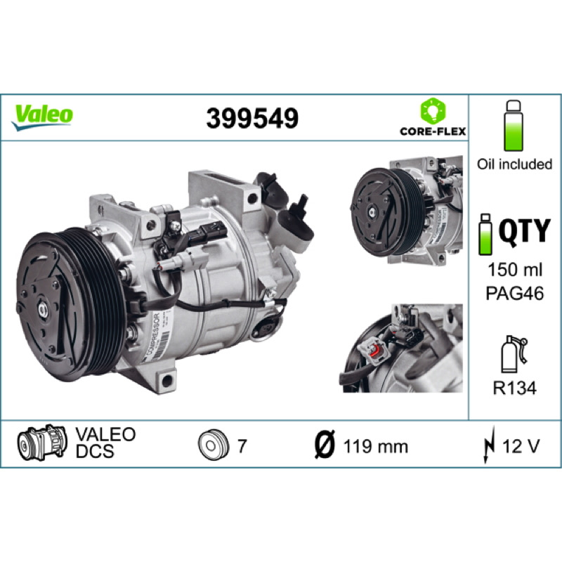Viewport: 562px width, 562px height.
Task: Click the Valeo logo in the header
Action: (x=42, y=117)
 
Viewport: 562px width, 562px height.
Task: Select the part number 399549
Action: (x=252, y=118)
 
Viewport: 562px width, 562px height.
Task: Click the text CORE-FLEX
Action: (x=433, y=131)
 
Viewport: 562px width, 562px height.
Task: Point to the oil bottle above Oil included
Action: (x=514, y=126)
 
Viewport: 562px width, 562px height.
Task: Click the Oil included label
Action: (x=514, y=164)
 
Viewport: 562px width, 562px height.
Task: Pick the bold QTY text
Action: (x=524, y=232)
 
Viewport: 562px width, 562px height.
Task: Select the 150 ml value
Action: (x=515, y=270)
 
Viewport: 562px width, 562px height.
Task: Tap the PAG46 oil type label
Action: (x=515, y=293)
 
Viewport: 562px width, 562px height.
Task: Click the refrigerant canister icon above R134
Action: (x=514, y=355)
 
